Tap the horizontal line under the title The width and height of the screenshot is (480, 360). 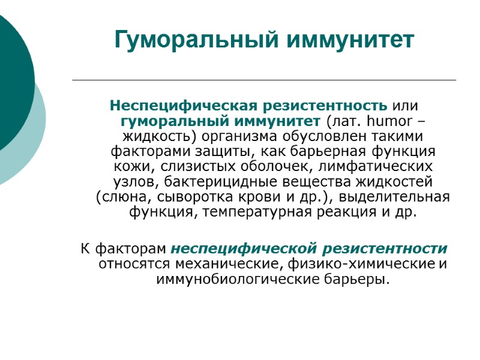click(x=264, y=80)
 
